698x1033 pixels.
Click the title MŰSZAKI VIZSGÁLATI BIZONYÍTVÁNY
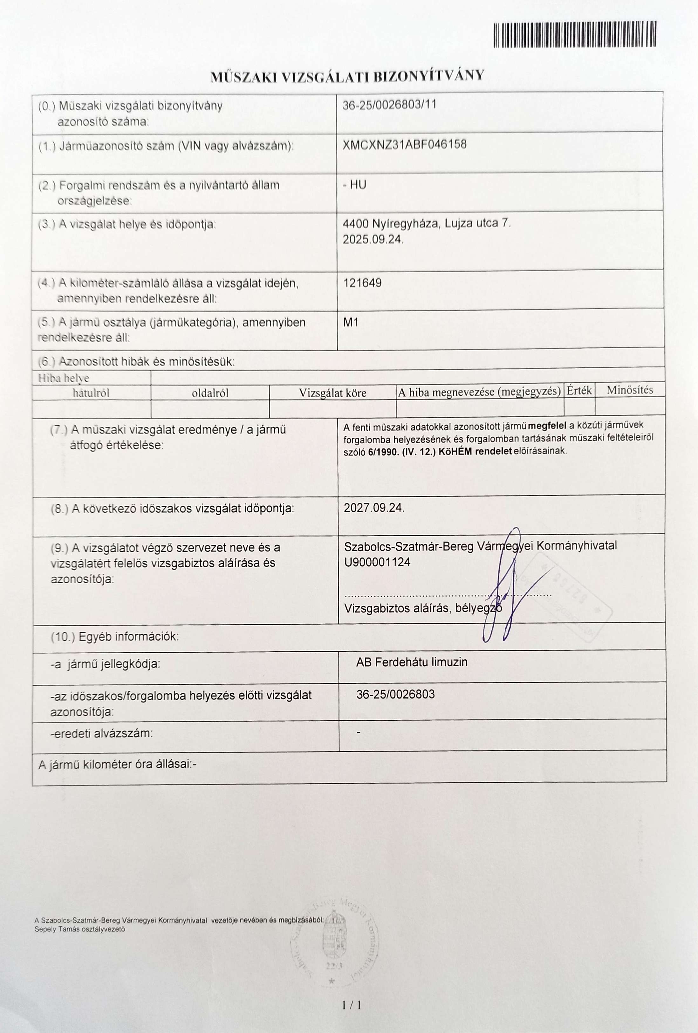(x=347, y=76)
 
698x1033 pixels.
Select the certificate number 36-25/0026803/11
(x=390, y=105)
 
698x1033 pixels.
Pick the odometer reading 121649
(x=362, y=283)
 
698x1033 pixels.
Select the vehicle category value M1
(x=351, y=322)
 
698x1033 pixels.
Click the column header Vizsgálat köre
(x=332, y=393)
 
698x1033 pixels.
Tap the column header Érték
(x=579, y=390)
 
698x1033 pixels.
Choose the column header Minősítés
(x=630, y=390)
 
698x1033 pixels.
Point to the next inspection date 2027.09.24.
(x=374, y=508)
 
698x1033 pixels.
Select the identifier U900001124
(x=377, y=562)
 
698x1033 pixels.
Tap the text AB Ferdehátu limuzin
(x=411, y=662)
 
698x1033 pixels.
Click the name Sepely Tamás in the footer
(x=58, y=929)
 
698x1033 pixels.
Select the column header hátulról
(x=91, y=393)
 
